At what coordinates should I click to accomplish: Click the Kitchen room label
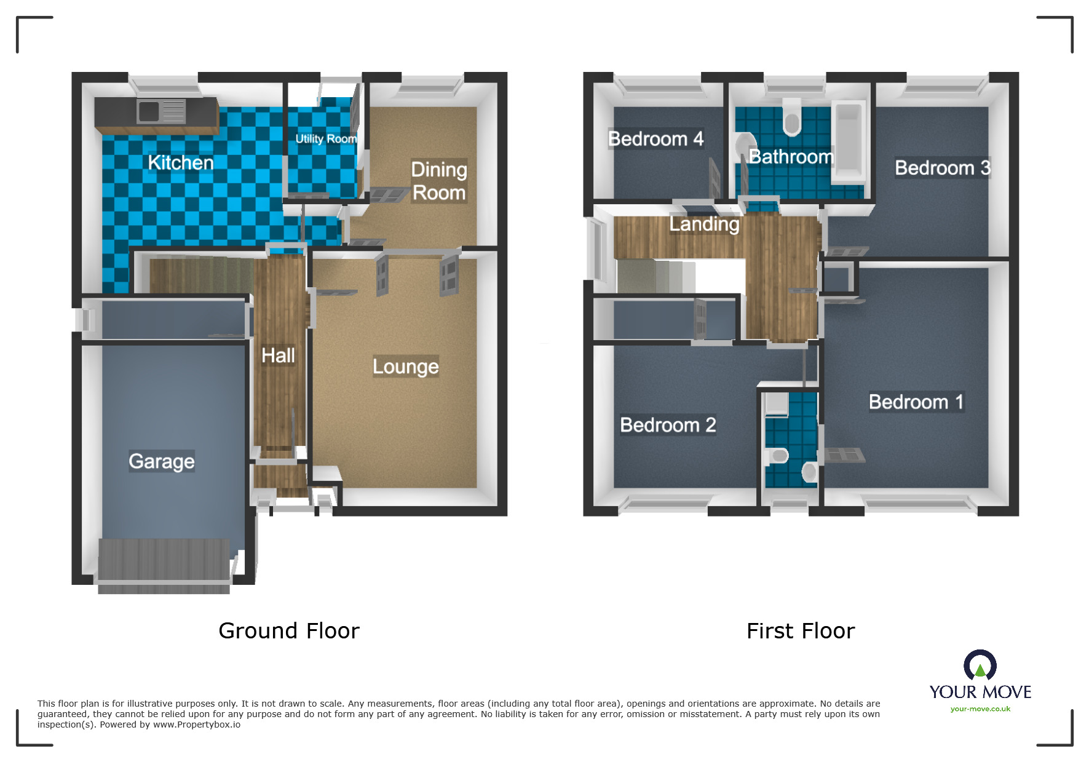coord(181,162)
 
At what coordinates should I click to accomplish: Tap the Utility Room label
coord(326,139)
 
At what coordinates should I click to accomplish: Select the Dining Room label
coord(439,181)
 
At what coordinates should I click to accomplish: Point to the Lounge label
coord(406,367)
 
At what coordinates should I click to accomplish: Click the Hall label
coord(278,355)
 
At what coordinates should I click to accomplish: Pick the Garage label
coord(162,461)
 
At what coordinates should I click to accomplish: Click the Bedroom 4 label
coord(655,139)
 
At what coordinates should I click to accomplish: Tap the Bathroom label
coord(791,157)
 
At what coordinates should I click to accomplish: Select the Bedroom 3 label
coord(943,167)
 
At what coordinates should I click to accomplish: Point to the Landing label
coord(704,224)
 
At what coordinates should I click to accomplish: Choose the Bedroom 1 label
coord(916,402)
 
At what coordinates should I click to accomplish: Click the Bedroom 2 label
coord(668,425)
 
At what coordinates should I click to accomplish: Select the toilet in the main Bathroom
coord(792,117)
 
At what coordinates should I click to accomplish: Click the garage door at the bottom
coord(164,566)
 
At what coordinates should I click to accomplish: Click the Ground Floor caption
coord(289,631)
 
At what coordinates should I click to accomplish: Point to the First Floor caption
coord(801,631)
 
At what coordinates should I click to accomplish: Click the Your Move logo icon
coord(980,665)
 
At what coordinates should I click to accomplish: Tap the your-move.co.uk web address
coord(980,709)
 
